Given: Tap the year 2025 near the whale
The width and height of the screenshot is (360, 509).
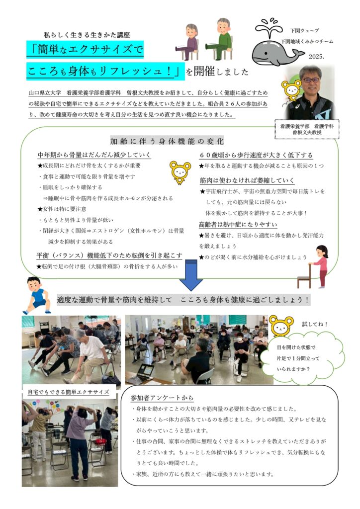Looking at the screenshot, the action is pyautogui.click(x=316, y=57).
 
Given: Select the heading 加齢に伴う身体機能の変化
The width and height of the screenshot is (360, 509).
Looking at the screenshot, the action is pyautogui.click(x=167, y=141).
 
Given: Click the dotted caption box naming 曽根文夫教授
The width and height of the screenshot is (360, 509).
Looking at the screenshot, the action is pyautogui.click(x=307, y=129).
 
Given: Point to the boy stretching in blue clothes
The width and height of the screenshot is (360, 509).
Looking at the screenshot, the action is pyautogui.click(x=38, y=295).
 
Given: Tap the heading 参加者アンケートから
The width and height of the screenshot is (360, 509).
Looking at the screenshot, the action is pyautogui.click(x=162, y=398).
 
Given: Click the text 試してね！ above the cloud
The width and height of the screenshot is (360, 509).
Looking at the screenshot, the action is pyautogui.click(x=315, y=324).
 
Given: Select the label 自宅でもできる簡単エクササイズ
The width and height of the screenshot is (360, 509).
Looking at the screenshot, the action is pyautogui.click(x=68, y=392).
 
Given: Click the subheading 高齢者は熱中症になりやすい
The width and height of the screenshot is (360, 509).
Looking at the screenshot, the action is pyautogui.click(x=238, y=225).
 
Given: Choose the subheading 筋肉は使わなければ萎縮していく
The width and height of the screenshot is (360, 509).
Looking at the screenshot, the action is pyautogui.click(x=247, y=180).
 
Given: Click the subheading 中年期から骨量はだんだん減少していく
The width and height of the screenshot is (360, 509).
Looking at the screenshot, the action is pyautogui.click(x=94, y=155).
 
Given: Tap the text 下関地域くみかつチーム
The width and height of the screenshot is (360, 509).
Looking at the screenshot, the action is pyautogui.click(x=307, y=42).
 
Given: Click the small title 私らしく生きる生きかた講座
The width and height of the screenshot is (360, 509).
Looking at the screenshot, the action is pyautogui.click(x=87, y=35).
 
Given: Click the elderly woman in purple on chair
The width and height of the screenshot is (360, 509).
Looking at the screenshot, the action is pyautogui.click(x=188, y=42).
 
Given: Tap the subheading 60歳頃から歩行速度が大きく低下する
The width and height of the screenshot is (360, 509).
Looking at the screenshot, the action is pyautogui.click(x=256, y=155).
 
